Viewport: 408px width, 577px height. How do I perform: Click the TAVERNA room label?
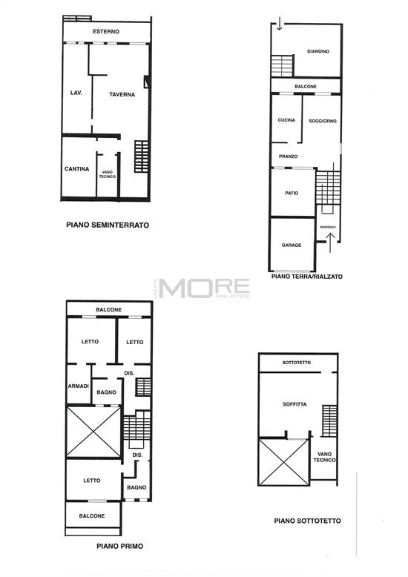(122, 95)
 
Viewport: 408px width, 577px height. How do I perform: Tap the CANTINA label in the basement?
(76, 169)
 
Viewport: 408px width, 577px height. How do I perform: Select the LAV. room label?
(76, 93)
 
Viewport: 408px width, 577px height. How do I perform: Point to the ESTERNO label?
(106, 32)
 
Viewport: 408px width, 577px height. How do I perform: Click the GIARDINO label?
(318, 51)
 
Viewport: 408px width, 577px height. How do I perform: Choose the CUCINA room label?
(286, 120)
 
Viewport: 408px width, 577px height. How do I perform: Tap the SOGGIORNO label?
(323, 121)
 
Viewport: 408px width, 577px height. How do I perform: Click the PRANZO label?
(289, 156)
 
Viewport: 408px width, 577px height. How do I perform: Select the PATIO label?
(292, 193)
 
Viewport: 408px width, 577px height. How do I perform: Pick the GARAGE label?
(292, 245)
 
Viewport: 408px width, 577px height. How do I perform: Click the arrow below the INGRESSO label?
(330, 242)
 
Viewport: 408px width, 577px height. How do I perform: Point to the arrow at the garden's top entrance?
(280, 23)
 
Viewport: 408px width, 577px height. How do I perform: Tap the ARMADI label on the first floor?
(79, 386)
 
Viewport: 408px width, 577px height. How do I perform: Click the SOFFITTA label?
(295, 404)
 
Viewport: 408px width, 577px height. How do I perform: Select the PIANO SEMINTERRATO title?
(108, 225)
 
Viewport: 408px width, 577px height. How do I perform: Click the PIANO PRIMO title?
(119, 546)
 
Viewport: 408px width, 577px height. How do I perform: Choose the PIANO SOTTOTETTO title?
(307, 521)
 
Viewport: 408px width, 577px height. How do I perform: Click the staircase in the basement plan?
(142, 156)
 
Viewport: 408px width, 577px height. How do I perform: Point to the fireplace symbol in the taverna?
(147, 82)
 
